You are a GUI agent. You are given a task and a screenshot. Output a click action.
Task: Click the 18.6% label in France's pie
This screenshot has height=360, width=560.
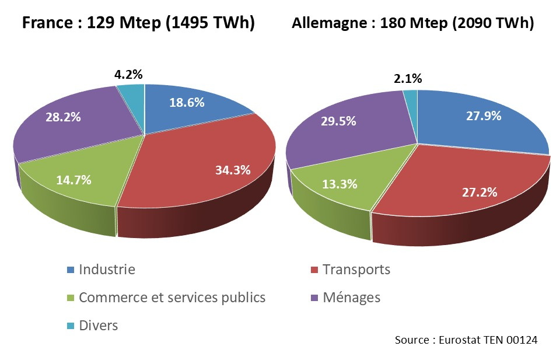pyautogui.click(x=187, y=103)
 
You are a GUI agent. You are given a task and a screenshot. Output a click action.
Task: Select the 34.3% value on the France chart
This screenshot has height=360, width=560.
pyautogui.click(x=232, y=170)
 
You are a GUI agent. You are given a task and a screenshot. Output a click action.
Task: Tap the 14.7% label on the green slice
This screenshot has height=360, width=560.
pyautogui.click(x=73, y=180)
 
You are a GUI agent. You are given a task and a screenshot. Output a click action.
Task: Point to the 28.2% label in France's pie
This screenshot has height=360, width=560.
pyautogui.click(x=63, y=116)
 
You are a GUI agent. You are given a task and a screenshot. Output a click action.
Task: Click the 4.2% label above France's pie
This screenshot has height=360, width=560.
pyautogui.click(x=128, y=75)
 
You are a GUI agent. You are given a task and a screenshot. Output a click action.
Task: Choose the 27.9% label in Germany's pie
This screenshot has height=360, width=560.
pyautogui.click(x=484, y=116)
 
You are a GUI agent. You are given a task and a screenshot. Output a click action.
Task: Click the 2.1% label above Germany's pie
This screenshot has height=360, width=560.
pyautogui.click(x=408, y=79)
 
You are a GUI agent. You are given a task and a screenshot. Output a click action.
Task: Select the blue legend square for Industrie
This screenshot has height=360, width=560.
pyautogui.click(x=71, y=270)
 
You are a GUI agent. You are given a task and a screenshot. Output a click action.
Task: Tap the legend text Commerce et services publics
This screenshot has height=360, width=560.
pyautogui.click(x=172, y=298)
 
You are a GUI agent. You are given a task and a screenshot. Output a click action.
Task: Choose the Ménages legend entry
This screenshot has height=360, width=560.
pyautogui.click(x=351, y=298)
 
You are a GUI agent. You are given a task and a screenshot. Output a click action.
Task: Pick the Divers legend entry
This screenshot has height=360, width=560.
pyautogui.click(x=98, y=326)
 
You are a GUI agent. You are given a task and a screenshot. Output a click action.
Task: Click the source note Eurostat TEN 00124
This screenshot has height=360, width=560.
pyautogui.click(x=466, y=340)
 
